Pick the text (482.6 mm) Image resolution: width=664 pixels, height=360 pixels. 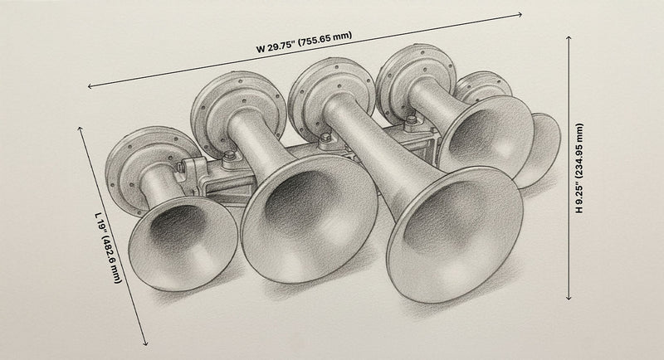[x=110, y=258]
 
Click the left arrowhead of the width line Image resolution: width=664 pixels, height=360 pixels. [x=90, y=85]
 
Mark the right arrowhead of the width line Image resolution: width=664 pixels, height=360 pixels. [x=520, y=14]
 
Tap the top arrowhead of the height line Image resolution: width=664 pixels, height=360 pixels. [x=568, y=35]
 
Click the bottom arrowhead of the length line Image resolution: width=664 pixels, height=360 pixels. [x=147, y=343]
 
